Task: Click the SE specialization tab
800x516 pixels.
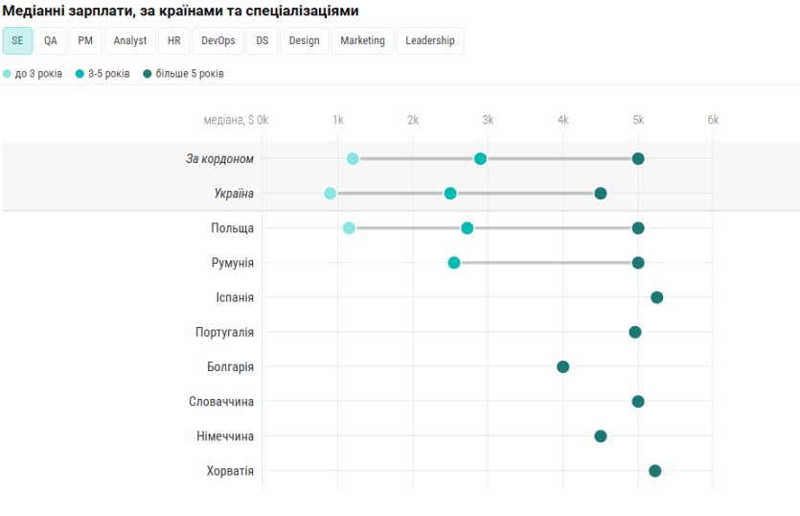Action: point(17,40)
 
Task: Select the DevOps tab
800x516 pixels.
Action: point(218,40)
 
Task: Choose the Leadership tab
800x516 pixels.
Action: point(430,40)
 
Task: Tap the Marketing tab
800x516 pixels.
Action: point(362,40)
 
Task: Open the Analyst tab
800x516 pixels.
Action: point(130,40)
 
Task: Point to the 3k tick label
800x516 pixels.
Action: point(488,120)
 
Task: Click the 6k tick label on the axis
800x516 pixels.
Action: point(713,120)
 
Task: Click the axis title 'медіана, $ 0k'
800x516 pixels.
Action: point(236,120)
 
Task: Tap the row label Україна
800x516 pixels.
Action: point(234,194)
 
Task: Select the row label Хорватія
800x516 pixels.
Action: point(230,471)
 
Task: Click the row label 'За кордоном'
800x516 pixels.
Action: point(219,158)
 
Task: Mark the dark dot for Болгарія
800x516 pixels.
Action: point(563,366)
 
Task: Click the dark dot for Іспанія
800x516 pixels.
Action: point(657,297)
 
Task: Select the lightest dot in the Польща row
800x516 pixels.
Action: point(349,228)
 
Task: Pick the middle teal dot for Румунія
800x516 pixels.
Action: point(454,263)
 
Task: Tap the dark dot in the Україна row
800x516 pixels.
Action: point(601,194)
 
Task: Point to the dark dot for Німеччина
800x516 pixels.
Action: point(601,436)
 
